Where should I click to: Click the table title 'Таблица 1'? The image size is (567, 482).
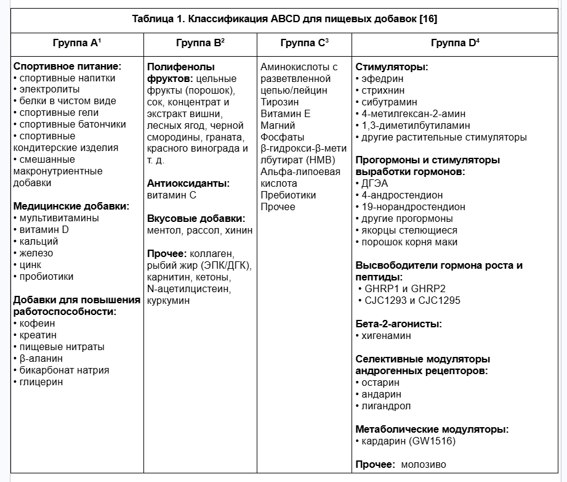pyautogui.click(x=284, y=18)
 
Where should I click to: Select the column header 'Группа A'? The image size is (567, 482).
pyautogui.click(x=77, y=43)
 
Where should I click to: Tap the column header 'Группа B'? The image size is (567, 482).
pyautogui.click(x=200, y=43)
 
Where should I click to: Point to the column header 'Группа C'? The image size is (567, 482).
pyautogui.click(x=304, y=43)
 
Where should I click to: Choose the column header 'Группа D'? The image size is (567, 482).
pyautogui.click(x=456, y=43)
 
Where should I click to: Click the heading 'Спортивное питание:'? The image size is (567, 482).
pyautogui.click(x=67, y=66)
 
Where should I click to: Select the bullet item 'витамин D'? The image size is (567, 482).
pyautogui.click(x=44, y=229)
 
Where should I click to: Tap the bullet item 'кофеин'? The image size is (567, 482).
pyautogui.click(x=37, y=323)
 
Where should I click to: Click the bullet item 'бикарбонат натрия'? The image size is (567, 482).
pyautogui.click(x=64, y=370)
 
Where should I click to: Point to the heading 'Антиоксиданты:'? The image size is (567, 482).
pyautogui.click(x=188, y=183)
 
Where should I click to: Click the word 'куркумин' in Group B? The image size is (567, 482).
pyautogui.click(x=169, y=300)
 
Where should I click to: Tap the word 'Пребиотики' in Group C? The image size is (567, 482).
pyautogui.click(x=288, y=195)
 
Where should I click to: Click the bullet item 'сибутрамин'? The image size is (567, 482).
pyautogui.click(x=389, y=102)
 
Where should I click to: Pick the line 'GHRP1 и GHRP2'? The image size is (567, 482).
pyautogui.click(x=404, y=288)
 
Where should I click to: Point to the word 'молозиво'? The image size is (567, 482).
pyautogui.click(x=424, y=464)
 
